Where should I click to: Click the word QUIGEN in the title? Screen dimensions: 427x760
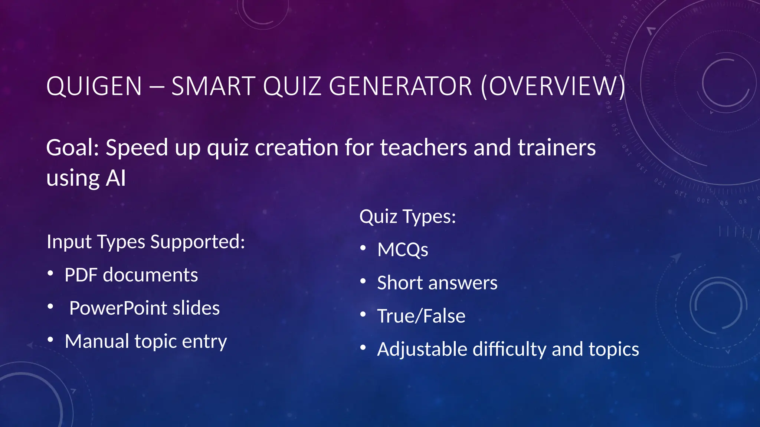coord(94,86)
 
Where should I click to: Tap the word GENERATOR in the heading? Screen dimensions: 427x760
coord(400,86)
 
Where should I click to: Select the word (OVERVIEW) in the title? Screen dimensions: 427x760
coord(553,86)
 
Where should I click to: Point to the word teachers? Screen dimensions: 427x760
coord(423,148)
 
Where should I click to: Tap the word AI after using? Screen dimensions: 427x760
coord(116,178)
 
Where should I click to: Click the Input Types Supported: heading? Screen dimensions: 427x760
coord(146,242)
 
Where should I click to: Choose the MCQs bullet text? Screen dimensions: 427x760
coord(403,249)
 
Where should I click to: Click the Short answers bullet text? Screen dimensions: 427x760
coord(437,283)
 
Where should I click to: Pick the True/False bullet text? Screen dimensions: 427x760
coord(421,316)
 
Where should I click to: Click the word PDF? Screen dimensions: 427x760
coord(81,275)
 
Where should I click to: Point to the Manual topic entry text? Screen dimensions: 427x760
coord(146,341)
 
